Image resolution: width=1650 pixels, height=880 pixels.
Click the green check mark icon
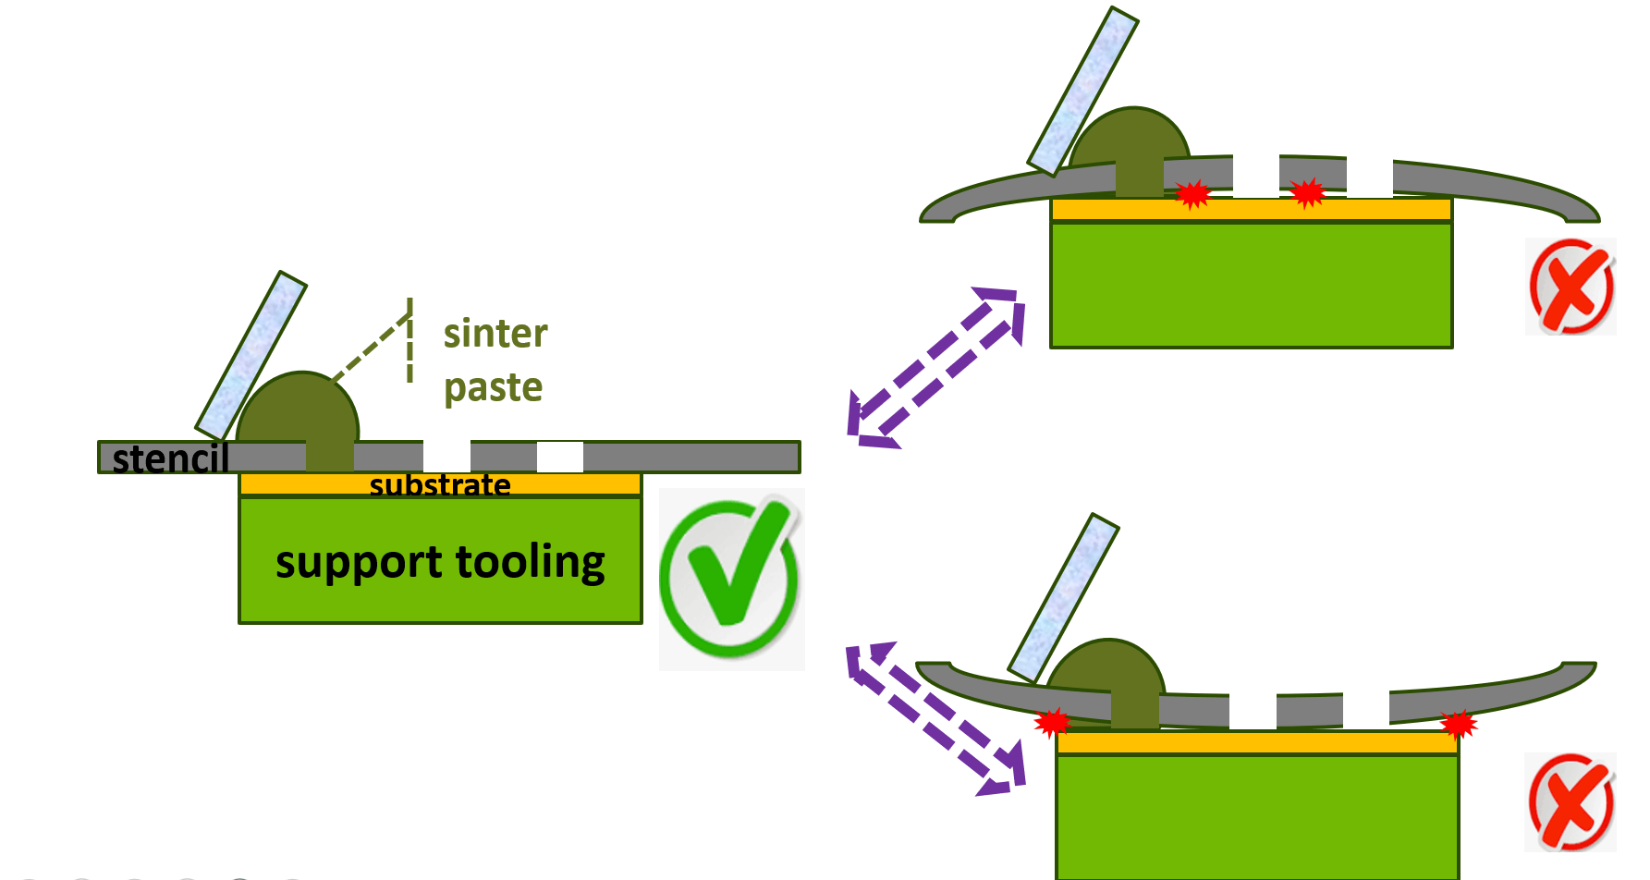[x=730, y=578]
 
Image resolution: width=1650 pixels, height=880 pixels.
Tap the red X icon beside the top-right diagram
[x=1571, y=287]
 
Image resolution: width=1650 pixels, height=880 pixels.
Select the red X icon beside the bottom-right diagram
[x=1571, y=801]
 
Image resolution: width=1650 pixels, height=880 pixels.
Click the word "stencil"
[x=170, y=458]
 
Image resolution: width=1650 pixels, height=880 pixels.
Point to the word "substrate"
[x=440, y=484]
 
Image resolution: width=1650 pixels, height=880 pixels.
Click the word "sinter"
[x=495, y=334]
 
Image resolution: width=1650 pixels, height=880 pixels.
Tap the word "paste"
[x=493, y=387]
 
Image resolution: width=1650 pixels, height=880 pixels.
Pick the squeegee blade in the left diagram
[x=251, y=356]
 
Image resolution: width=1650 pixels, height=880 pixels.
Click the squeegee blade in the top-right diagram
[x=1083, y=91]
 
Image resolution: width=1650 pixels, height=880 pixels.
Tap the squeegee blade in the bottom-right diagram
[x=1063, y=598]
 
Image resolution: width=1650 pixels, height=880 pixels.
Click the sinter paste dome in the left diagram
[x=298, y=411]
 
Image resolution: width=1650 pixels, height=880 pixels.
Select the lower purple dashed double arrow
[x=936, y=718]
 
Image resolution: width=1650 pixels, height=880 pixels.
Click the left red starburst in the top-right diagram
[x=1192, y=194]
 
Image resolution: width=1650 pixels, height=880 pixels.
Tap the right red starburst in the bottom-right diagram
[x=1458, y=725]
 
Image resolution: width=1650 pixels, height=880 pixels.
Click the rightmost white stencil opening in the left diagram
[x=559, y=457]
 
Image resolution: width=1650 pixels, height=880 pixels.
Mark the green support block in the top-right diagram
[x=1251, y=284]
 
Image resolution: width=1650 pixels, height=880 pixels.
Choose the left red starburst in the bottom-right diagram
[x=1052, y=722]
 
